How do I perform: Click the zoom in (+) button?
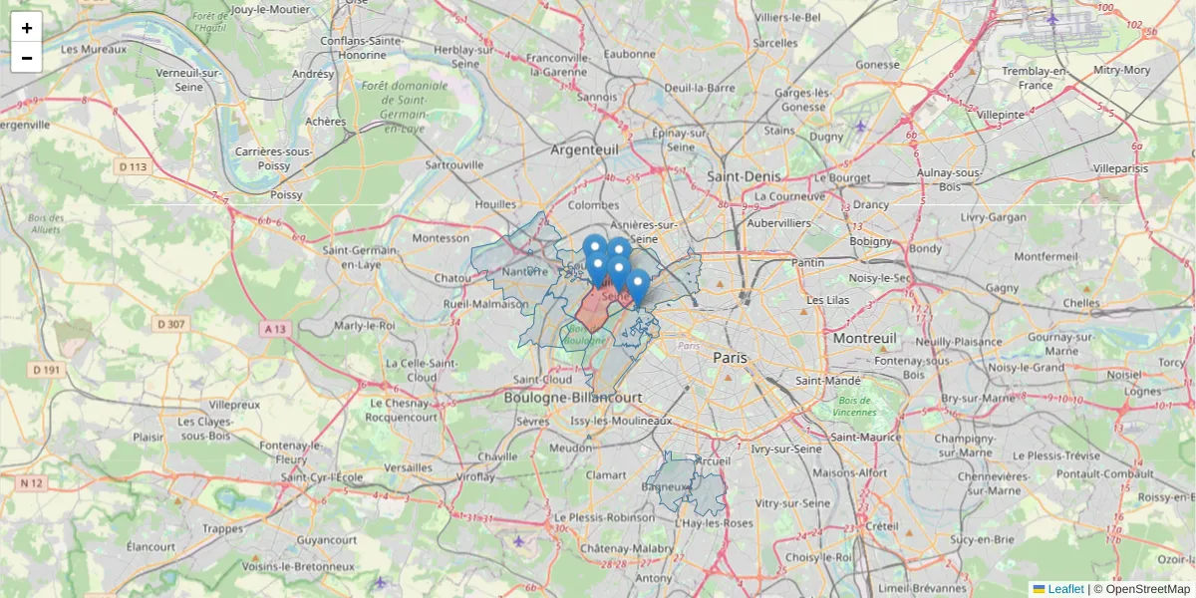pyautogui.click(x=27, y=28)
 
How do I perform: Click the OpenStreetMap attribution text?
pyautogui.click(x=1147, y=589)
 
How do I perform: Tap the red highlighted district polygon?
pyautogui.click(x=596, y=309)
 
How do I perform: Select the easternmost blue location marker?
pyautogui.click(x=638, y=286)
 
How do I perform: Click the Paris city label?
pyautogui.click(x=730, y=357)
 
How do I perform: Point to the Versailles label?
pyautogui.click(x=409, y=467)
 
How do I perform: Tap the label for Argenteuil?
pyautogui.click(x=584, y=149)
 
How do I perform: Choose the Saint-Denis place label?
pyautogui.click(x=744, y=175)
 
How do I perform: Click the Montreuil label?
pyautogui.click(x=865, y=339)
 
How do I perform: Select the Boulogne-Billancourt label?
pyautogui.click(x=573, y=397)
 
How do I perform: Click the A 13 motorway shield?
pyautogui.click(x=275, y=328)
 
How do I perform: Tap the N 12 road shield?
pyautogui.click(x=32, y=483)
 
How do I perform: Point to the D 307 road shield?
pyautogui.click(x=171, y=324)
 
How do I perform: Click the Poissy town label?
pyautogui.click(x=286, y=195)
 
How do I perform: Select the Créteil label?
pyautogui.click(x=883, y=525)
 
